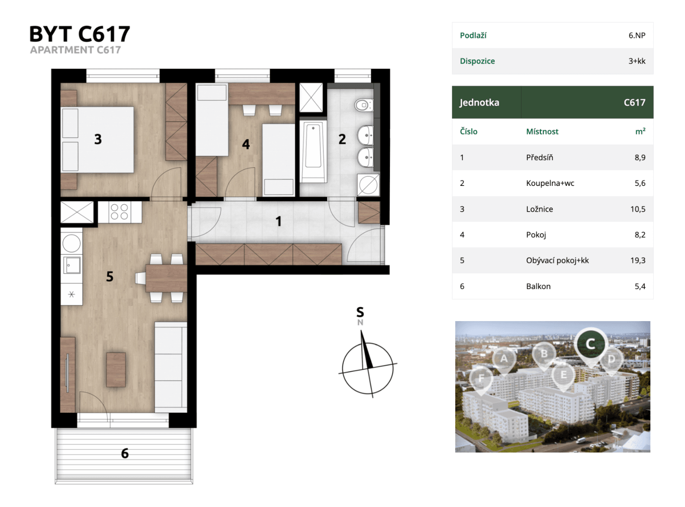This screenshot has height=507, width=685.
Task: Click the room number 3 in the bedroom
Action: pos(98,139)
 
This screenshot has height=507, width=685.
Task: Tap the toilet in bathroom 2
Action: pos(363,105)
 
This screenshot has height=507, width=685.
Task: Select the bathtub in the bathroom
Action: pos(313,151)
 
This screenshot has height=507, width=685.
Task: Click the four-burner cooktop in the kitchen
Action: pos(119,212)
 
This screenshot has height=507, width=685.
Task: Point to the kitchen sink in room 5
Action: pos(72,265)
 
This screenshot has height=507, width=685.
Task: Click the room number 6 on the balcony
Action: pos(125,453)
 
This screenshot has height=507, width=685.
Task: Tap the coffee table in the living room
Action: pos(116,370)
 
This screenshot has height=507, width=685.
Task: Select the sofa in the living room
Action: pos(170,367)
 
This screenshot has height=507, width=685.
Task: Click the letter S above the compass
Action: pos(360,312)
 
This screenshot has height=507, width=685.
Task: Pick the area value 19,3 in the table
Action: pos(638,260)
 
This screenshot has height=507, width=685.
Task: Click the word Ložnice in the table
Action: pos(539,209)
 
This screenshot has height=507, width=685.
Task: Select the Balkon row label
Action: pos(538,286)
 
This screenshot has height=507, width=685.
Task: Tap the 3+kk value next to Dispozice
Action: pos(636,61)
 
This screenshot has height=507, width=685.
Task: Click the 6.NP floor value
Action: pos(636,35)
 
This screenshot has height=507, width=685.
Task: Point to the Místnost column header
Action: pos(542,132)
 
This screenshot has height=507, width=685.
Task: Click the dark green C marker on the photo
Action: pos(590,344)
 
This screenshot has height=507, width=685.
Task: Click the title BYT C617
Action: pos(79,34)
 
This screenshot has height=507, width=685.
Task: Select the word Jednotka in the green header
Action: pos(479,103)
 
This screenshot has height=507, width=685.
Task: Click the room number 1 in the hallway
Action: pos(278,221)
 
